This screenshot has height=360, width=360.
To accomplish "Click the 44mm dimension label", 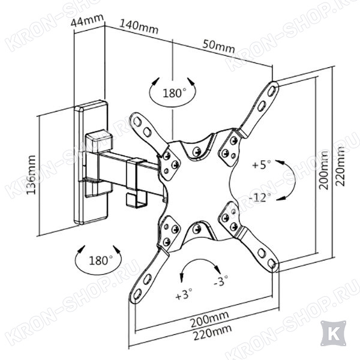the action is click(x=87, y=20).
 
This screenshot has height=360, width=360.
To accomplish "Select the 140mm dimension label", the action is click(x=139, y=27).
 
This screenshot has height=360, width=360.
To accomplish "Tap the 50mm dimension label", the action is click(x=219, y=47).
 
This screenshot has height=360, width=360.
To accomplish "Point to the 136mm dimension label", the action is click(x=31, y=175).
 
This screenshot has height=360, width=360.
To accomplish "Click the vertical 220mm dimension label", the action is click(x=340, y=166).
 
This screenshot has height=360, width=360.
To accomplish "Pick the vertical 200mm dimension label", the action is click(x=323, y=170).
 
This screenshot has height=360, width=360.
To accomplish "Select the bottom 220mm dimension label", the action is click(x=212, y=333).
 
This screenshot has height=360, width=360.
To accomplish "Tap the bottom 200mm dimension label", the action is click(x=209, y=320).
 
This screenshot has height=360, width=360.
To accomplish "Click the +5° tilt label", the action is click(x=261, y=164).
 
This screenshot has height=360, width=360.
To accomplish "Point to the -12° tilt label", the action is click(x=260, y=197).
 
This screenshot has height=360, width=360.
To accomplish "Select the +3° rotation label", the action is click(x=184, y=294).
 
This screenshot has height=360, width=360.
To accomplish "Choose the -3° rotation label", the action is click(x=221, y=281).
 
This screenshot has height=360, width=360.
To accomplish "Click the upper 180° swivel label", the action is click(x=174, y=93).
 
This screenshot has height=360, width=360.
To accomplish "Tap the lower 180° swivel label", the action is click(x=101, y=260).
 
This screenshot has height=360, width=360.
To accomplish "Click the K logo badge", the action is click(x=333, y=333).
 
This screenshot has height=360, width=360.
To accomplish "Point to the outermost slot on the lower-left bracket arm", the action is click(x=137, y=294).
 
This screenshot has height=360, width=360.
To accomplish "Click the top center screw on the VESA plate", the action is click(x=197, y=151).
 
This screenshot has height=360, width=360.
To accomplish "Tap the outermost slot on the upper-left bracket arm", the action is click(x=137, y=121).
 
